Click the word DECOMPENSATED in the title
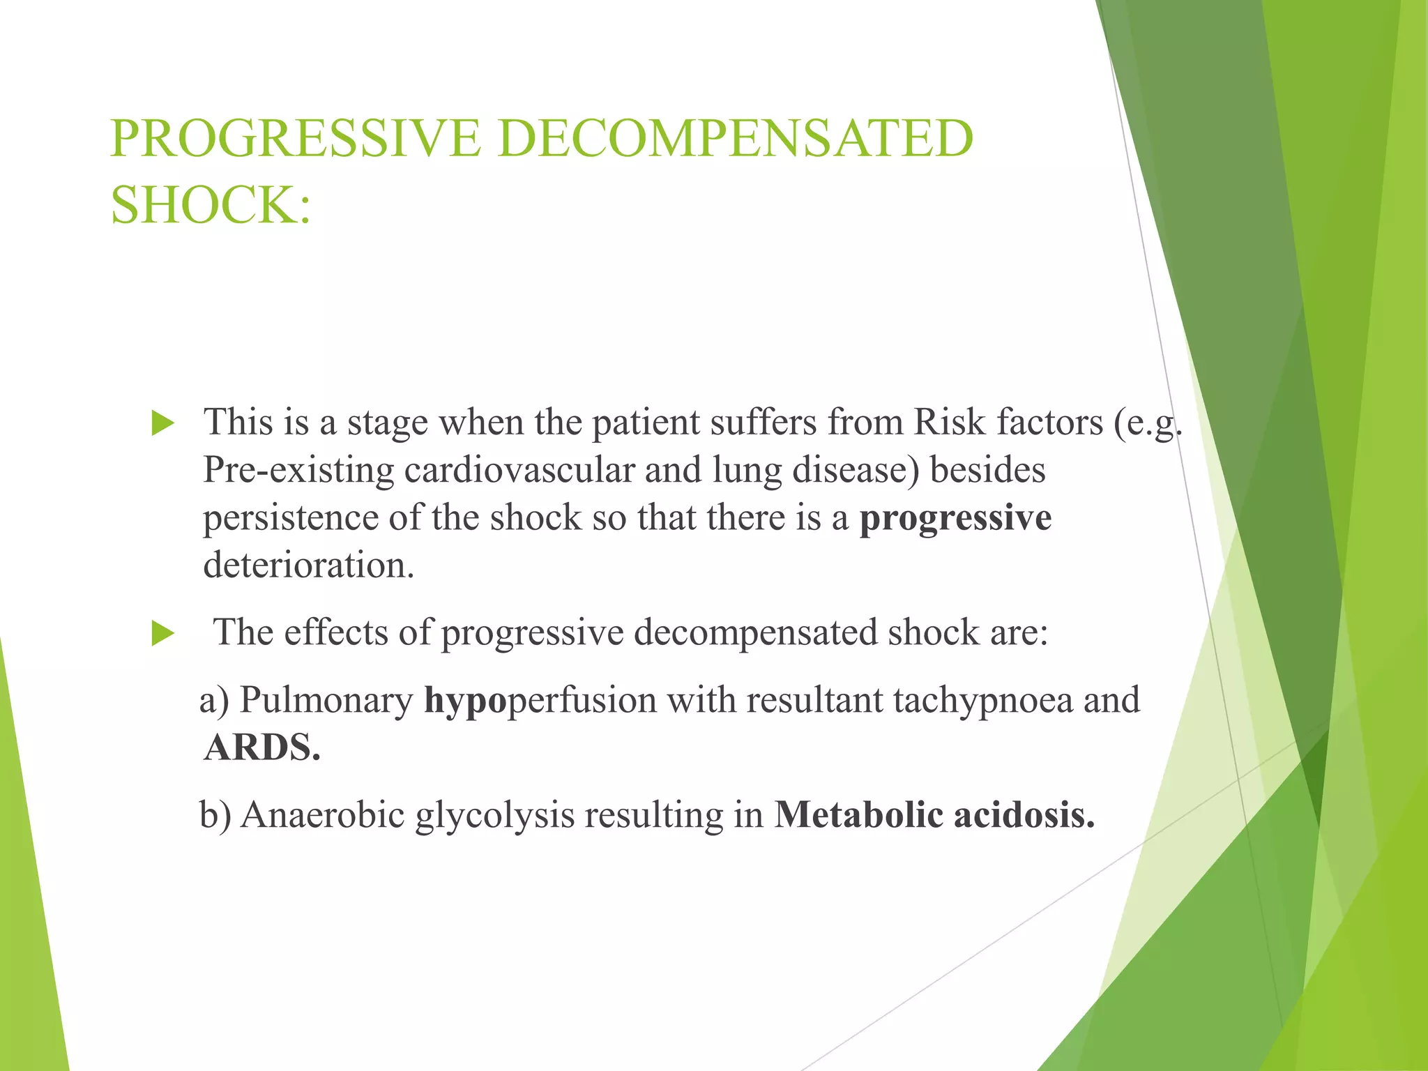[735, 138]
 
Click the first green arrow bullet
[162, 423]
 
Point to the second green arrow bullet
[162, 634]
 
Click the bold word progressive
[955, 518]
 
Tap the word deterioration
[308, 565]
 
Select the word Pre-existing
[298, 470]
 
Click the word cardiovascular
[519, 470]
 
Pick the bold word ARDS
[262, 747]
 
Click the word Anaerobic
[323, 814]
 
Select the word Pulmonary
[326, 701]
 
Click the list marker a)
[214, 701]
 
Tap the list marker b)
[215, 814]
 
